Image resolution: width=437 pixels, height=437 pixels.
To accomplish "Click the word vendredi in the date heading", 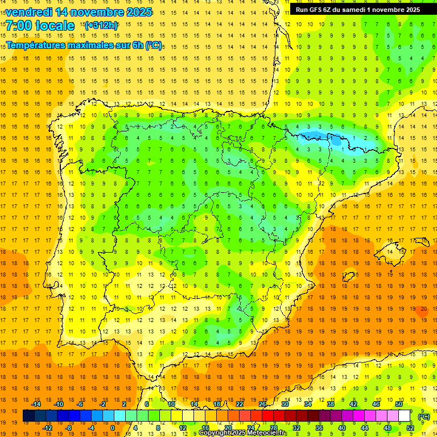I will click(28, 12).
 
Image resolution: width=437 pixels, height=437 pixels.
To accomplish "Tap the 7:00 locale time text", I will click(40, 26).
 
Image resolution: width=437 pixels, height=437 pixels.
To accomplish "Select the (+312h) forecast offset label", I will click(101, 26).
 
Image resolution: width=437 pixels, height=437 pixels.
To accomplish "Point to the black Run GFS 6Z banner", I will click(357, 10).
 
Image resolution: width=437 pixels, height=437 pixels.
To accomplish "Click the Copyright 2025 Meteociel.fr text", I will click(243, 433).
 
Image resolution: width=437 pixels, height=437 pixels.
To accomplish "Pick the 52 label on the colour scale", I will click(410, 427).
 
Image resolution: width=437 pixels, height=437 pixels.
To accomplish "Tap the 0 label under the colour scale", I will click(113, 427).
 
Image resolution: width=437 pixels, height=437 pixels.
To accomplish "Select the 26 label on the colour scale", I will click(262, 404).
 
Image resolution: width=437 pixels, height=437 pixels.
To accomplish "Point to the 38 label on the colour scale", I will click(331, 404).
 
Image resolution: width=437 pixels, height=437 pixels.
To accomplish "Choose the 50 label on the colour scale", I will click(399, 404).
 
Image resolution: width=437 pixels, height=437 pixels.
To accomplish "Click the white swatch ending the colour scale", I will click(405, 416).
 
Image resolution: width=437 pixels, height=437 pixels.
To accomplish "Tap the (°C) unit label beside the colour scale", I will click(424, 417).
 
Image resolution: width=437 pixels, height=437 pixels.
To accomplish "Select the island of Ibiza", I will click(348, 277).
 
